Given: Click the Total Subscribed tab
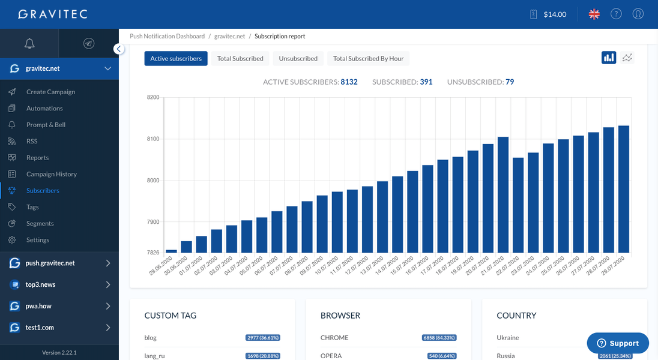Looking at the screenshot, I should click(240, 58).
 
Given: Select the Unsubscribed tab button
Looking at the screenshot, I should click(298, 58).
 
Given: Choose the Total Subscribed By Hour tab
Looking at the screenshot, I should click(368, 58).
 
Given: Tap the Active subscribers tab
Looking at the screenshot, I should click(176, 58).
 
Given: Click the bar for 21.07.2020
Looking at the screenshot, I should click(503, 194).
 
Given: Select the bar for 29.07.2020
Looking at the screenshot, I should click(624, 189).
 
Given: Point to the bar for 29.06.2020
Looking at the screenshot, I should click(171, 251).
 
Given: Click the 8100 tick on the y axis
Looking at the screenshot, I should click(153, 139).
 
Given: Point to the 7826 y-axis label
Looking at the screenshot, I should click(153, 253).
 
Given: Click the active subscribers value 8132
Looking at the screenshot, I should click(349, 82).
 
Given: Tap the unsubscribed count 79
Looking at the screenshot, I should click(510, 82).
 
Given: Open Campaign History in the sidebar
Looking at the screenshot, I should click(51, 174).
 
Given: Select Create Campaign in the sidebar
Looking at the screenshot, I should click(50, 92).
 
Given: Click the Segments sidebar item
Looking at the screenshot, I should click(40, 223).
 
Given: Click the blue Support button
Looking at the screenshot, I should click(618, 343).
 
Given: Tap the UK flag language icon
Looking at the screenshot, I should click(594, 14).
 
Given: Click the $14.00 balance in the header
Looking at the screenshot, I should click(554, 14).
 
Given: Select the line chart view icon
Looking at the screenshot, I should click(627, 58).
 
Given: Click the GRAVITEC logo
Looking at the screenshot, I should click(53, 14).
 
